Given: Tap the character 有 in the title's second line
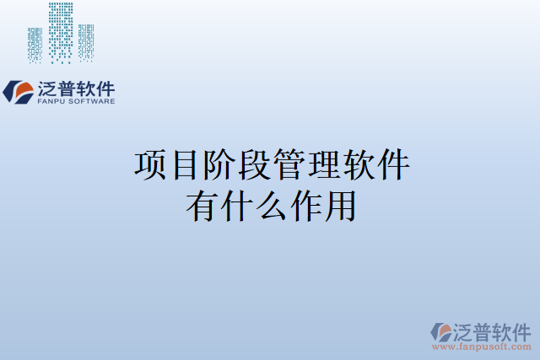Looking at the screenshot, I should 202,207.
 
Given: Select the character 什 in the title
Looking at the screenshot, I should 236,207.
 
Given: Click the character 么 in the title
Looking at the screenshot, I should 271,207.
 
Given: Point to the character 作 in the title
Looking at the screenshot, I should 305,207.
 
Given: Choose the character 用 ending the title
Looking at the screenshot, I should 339,207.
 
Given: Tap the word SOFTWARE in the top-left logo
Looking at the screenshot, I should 89,101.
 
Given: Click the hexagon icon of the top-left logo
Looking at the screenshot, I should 19,91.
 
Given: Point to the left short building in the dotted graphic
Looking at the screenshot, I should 35,44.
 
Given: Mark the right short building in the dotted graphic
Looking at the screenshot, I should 86,42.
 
